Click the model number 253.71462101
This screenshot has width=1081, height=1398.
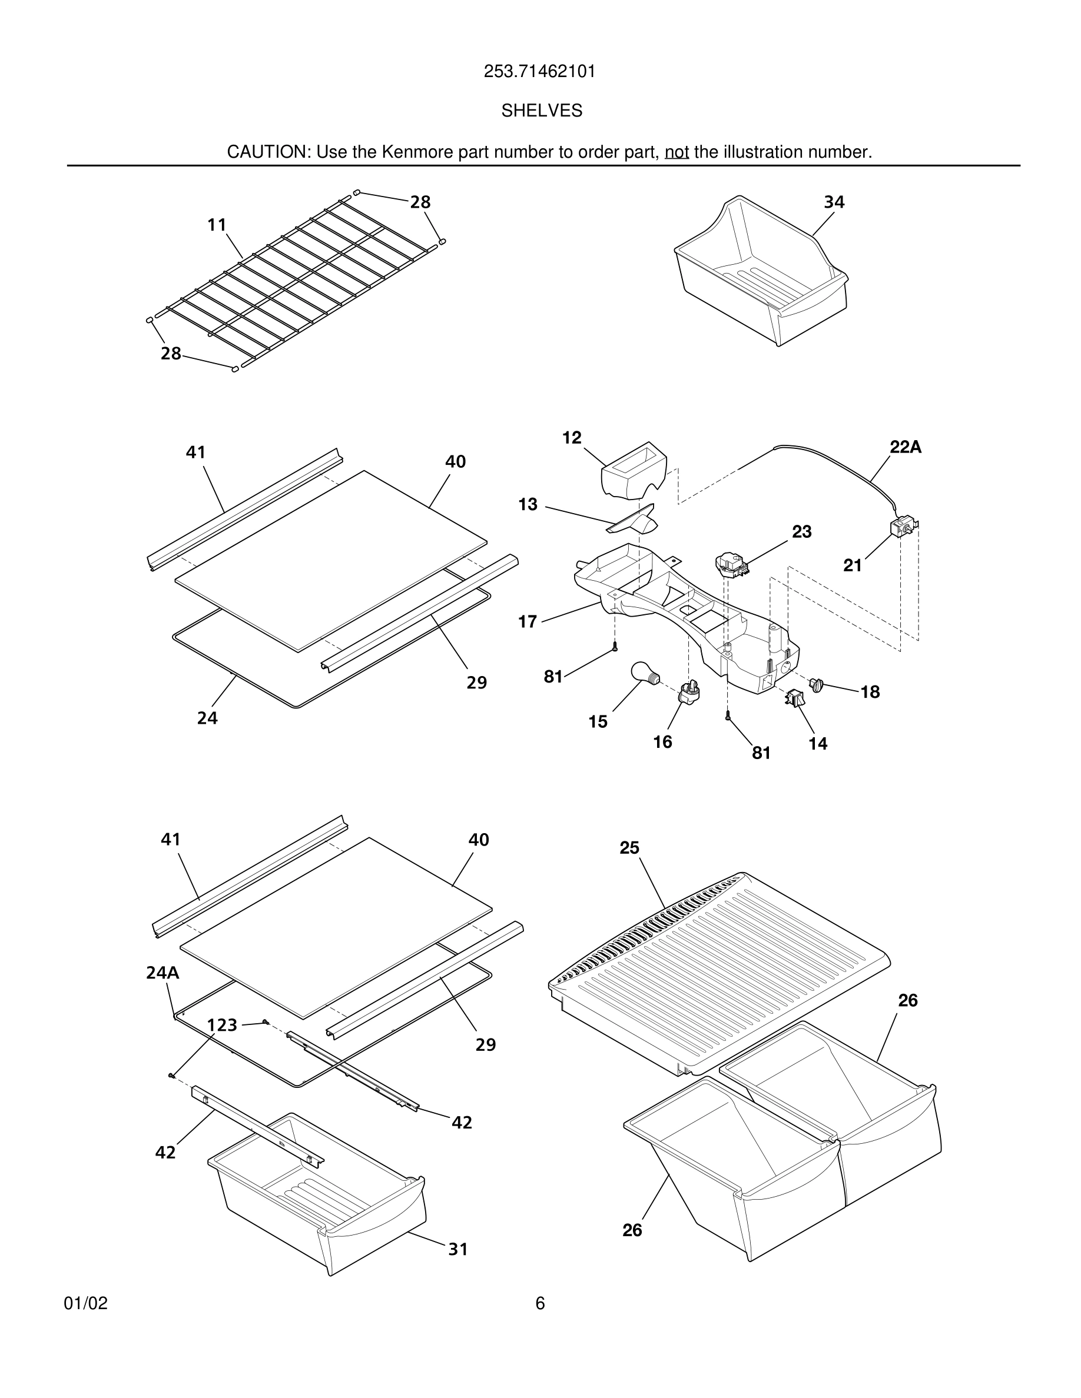[x=539, y=72]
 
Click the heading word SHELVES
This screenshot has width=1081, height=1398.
[x=541, y=111]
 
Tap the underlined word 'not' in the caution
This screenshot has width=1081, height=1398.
[x=677, y=152]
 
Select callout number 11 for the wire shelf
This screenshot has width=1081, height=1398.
[x=217, y=225]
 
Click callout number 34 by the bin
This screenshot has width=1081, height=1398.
[x=834, y=202]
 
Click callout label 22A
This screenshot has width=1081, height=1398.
[x=905, y=447]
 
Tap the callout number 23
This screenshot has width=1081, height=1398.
[x=801, y=531]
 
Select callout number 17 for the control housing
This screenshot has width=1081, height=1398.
[x=527, y=621]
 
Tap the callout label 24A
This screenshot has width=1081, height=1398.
[x=162, y=973]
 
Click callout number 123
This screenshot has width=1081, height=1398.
[x=222, y=1026]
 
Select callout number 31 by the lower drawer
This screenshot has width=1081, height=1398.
[x=457, y=1249]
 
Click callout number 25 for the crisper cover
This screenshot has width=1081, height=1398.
[x=629, y=847]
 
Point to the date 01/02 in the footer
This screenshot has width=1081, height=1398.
[x=86, y=1303]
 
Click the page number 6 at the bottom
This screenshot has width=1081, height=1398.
[x=540, y=1303]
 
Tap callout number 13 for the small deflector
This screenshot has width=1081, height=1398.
[x=528, y=504]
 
